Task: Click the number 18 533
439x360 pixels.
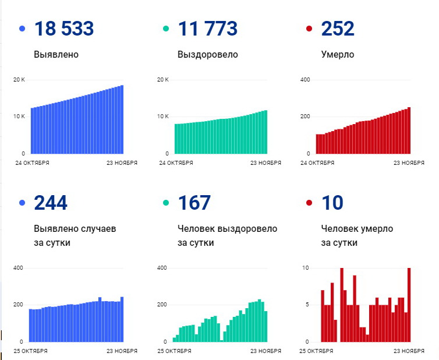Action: tap(64, 29)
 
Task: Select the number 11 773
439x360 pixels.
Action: tap(208, 29)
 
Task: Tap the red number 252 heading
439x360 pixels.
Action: tap(338, 29)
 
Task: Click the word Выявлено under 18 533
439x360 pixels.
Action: tap(56, 55)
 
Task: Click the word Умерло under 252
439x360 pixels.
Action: tap(338, 55)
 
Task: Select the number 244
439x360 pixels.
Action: tap(51, 203)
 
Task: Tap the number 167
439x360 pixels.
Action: tap(194, 203)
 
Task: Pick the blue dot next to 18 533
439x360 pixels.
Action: tap(22, 29)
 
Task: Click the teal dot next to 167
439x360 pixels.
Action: tap(166, 203)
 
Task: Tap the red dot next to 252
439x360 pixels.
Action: tap(309, 29)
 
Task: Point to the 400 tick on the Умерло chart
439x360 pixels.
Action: tap(305, 79)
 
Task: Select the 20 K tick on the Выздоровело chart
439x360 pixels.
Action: tap(164, 79)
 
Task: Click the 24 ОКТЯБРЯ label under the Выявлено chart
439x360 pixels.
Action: tap(32, 163)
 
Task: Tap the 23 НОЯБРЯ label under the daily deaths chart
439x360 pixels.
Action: tap(409, 351)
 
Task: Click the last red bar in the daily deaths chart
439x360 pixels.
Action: tap(409, 305)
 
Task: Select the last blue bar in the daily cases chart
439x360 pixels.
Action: tap(122, 319)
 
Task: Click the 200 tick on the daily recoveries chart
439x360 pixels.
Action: tap(162, 305)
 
